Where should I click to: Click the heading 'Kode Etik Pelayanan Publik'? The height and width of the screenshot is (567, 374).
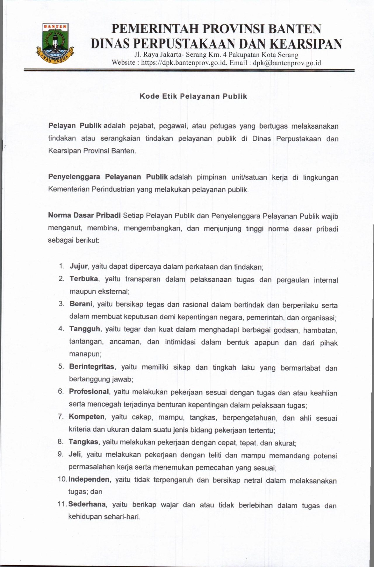193,96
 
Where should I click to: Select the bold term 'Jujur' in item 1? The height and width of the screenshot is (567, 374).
79,266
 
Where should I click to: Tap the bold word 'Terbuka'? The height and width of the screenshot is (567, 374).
84,279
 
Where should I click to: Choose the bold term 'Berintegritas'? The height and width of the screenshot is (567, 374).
91,367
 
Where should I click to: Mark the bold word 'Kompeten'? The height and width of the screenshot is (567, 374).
86,417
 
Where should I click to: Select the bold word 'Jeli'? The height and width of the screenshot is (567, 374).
75,454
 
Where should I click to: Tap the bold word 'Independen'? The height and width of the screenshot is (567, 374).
89,479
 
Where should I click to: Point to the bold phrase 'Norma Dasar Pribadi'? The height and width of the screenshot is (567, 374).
84,215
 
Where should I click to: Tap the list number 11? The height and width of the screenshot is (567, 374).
63,505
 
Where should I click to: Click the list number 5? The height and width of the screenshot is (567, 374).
61,367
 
